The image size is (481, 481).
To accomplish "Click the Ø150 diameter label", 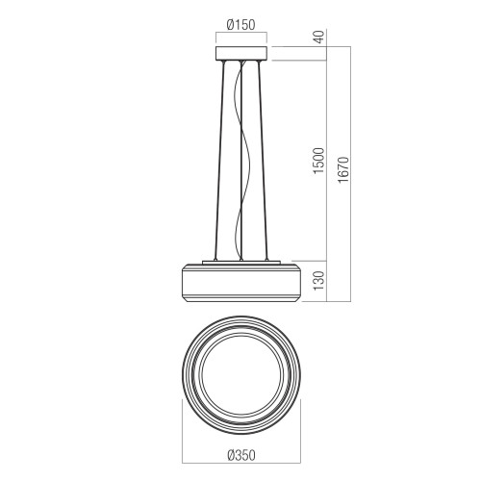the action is tap(240, 25).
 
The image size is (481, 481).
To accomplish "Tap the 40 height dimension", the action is tap(319, 37).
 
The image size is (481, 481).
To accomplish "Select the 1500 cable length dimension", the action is tap(319, 161).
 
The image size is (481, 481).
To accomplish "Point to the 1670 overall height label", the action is tap(343, 169).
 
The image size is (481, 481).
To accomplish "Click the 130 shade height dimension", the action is tap(319, 281).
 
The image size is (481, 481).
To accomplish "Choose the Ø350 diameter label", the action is tap(241, 455).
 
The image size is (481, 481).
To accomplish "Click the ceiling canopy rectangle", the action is tap(241, 54).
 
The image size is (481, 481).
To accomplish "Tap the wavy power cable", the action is tap(241, 161).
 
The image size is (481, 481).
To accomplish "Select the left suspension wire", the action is tap(219, 161).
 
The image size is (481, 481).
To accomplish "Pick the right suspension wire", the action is tap(263, 161).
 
